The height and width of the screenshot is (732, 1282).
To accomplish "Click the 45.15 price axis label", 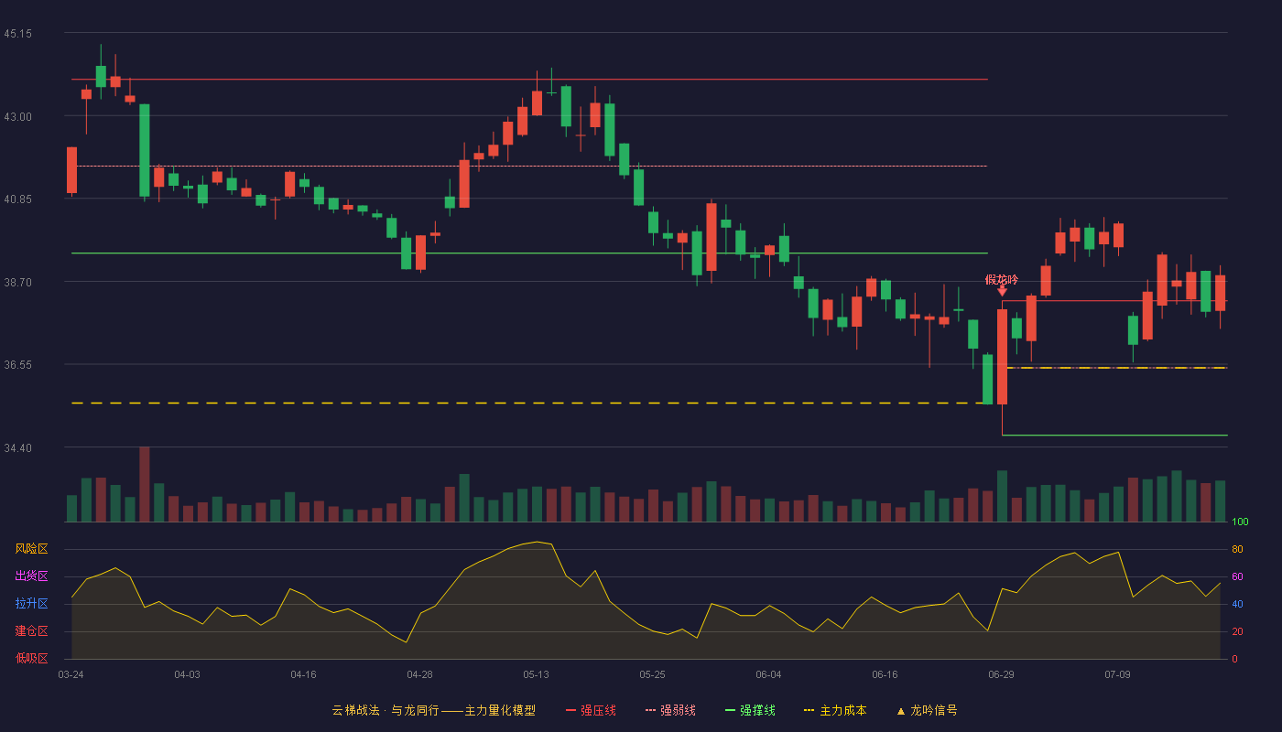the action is [x=17, y=34].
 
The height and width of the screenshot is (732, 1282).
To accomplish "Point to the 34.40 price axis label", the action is [x=17, y=447].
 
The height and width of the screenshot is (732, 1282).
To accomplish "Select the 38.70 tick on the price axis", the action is [x=17, y=282].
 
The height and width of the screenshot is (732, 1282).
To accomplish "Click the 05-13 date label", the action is [x=536, y=675].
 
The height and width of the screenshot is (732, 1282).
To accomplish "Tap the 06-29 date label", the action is [x=1001, y=675].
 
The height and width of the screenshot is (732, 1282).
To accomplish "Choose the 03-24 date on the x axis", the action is [x=71, y=675].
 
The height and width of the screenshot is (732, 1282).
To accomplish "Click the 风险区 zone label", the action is [x=31, y=549].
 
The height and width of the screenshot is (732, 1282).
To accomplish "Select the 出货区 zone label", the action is [x=31, y=576].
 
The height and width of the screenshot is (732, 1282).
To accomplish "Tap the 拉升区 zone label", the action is [x=31, y=603].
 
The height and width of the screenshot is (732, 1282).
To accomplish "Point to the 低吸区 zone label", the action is [x=31, y=658].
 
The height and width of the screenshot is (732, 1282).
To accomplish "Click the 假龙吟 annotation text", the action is [x=1002, y=280].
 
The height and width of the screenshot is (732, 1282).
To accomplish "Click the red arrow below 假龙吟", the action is [x=1002, y=291].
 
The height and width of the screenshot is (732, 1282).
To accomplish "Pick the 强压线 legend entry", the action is [x=591, y=710].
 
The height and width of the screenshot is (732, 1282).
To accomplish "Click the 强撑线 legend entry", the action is [x=750, y=710].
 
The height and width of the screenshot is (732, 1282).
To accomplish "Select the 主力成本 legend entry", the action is [x=835, y=710].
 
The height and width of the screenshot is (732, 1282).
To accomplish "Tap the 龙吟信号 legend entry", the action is [x=927, y=710].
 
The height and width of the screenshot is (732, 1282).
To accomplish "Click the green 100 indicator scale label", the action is [x=1240, y=522].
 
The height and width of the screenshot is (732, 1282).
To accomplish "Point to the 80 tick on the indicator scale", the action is [x=1237, y=549].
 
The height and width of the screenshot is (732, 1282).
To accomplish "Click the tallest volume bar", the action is [x=145, y=484].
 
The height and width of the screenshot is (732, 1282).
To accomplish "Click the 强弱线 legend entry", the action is [x=670, y=710].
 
